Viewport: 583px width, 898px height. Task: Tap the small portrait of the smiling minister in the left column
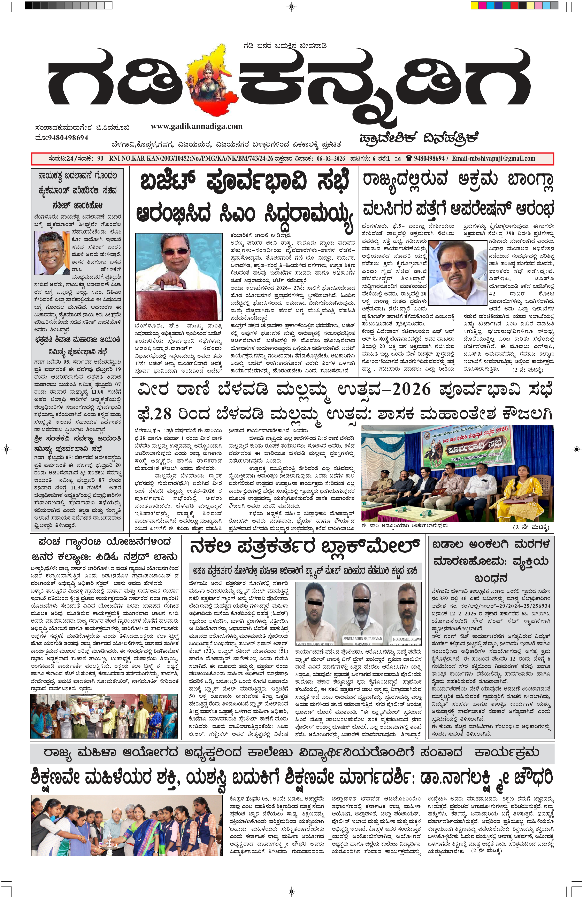point(52,253)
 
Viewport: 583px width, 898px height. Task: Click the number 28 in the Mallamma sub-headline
point(162,414)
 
